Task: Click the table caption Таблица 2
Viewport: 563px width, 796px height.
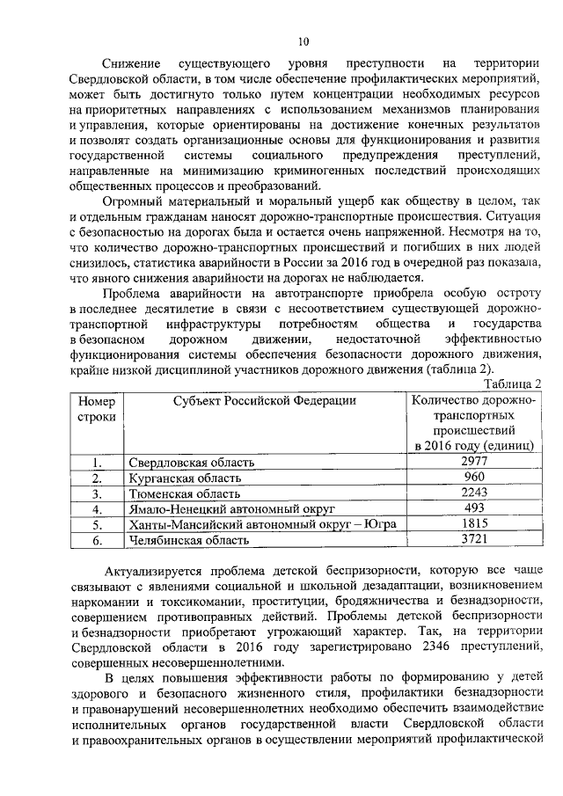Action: [x=511, y=383]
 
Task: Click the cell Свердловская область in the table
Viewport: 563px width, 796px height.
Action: [x=192, y=463]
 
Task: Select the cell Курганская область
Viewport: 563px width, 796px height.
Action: [x=184, y=478]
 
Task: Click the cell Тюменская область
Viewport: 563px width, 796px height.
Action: [x=182, y=494]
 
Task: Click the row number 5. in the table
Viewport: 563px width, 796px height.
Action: [x=98, y=525]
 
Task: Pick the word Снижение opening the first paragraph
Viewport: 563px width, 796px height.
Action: [x=131, y=64]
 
